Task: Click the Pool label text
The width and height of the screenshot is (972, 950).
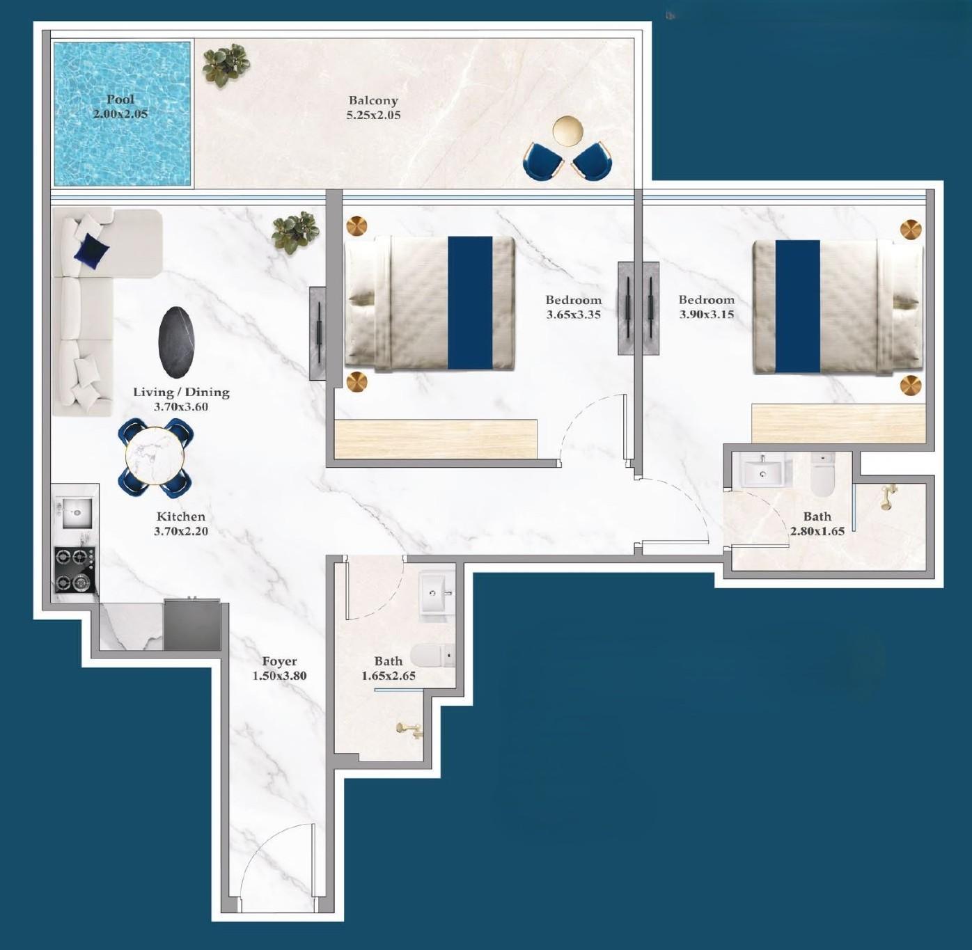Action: (x=121, y=100)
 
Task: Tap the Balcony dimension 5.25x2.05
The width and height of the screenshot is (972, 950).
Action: (x=374, y=116)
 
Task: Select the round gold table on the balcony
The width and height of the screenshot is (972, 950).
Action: (x=568, y=131)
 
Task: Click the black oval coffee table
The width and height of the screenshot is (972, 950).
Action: (x=176, y=342)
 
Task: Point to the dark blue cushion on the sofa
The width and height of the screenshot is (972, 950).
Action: (x=91, y=248)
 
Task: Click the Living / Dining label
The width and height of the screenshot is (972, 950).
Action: (x=181, y=393)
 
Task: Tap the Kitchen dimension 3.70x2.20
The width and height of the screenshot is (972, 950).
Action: (x=181, y=531)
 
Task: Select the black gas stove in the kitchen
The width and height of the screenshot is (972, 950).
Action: (x=75, y=569)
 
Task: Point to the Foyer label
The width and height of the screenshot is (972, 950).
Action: (x=279, y=661)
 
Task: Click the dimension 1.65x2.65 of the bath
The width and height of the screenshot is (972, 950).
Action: (x=389, y=676)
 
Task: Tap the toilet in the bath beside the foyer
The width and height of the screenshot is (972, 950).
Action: (x=433, y=654)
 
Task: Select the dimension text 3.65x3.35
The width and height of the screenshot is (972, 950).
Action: (x=574, y=315)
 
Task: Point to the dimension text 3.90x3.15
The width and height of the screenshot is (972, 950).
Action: (x=706, y=315)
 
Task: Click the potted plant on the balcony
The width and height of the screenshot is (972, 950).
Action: (x=226, y=65)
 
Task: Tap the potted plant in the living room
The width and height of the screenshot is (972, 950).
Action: (x=296, y=233)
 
